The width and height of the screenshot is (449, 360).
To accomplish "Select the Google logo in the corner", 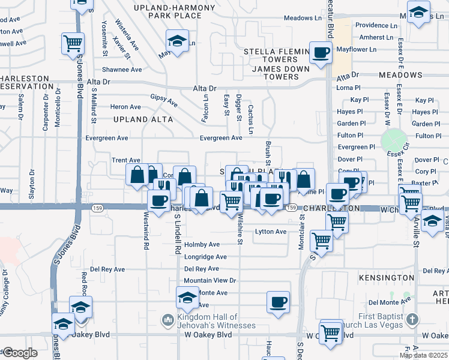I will click(x=20, y=353).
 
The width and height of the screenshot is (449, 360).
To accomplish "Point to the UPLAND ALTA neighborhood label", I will click(x=143, y=119).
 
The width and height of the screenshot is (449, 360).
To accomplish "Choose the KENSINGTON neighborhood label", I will click(x=387, y=278).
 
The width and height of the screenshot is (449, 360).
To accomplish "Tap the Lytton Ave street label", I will click(x=271, y=232).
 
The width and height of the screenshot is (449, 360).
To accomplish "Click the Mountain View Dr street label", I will click(x=210, y=280).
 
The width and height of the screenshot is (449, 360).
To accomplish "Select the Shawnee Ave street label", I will click(x=121, y=70).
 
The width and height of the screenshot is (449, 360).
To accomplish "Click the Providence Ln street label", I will click(x=376, y=25).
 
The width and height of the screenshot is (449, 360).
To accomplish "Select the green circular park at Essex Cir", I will click(x=394, y=140).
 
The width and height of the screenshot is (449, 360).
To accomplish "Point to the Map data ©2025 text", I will click(x=424, y=355).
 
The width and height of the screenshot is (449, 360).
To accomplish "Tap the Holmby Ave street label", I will click(x=202, y=245).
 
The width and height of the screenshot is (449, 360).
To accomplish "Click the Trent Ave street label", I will click(x=126, y=161).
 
